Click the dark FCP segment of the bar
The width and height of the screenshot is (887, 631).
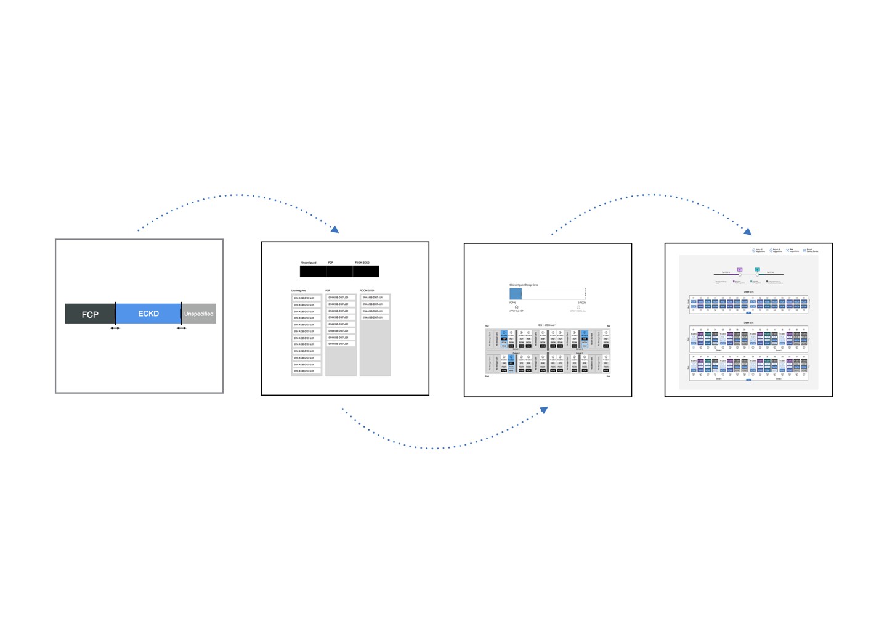click(90, 314)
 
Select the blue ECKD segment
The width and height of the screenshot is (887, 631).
click(148, 313)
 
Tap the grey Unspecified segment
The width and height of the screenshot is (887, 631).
click(199, 314)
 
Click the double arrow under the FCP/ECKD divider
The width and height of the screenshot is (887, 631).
click(115, 328)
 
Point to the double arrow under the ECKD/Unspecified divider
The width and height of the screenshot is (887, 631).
click(181, 328)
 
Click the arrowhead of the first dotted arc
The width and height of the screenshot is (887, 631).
click(335, 230)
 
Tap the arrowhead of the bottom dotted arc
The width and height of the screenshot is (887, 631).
click(544, 409)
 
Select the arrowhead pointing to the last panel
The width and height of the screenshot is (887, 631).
click(748, 232)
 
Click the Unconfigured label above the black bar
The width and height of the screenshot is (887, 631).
click(309, 263)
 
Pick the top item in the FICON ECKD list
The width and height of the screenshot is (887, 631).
click(375, 298)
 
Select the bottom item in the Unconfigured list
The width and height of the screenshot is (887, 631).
click(306, 371)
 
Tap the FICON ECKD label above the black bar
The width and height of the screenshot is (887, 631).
click(362, 263)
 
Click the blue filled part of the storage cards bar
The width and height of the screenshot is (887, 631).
click(516, 294)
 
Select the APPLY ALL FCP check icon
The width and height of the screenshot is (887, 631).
click(516, 307)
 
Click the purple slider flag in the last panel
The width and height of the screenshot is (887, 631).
click(740, 269)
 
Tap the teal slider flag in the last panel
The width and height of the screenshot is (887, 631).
click(757, 269)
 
